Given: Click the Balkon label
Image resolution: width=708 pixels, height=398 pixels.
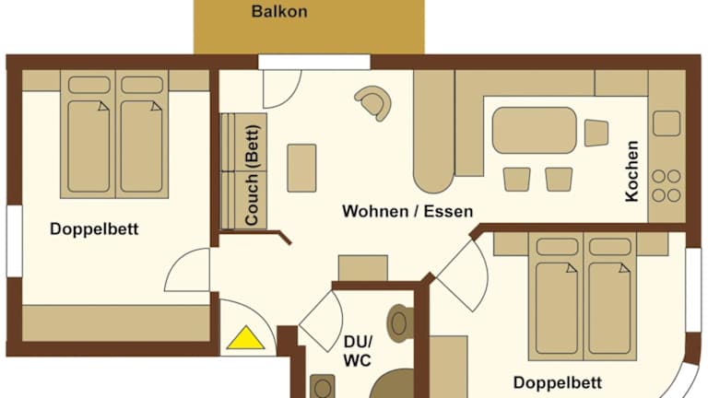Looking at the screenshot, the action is [x=279, y=11].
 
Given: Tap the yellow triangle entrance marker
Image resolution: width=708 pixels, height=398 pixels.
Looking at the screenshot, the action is [x=245, y=339].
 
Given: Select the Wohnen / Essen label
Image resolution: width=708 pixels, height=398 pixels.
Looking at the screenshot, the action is [x=407, y=211].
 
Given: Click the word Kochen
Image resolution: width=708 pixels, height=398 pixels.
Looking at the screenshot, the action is [x=631, y=171].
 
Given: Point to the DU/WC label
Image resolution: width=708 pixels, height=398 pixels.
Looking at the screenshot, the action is [x=358, y=351].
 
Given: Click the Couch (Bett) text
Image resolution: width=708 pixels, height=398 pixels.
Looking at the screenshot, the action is [x=252, y=175].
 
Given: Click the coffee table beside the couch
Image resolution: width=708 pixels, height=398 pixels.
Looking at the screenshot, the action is [x=301, y=168].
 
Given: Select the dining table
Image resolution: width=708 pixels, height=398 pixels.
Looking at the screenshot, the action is [x=534, y=131].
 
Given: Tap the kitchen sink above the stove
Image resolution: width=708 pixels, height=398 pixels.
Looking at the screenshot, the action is [x=667, y=123].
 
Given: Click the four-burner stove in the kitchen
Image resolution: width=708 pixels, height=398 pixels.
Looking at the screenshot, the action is [x=667, y=185].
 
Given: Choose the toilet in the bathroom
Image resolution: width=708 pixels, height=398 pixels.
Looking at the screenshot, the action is [x=399, y=323].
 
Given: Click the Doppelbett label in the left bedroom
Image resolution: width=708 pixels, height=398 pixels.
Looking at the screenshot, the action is [x=94, y=228].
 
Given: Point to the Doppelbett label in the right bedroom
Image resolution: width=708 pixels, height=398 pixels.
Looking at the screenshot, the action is [x=557, y=382].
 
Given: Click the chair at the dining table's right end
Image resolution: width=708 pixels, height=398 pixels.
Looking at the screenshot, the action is [x=596, y=133].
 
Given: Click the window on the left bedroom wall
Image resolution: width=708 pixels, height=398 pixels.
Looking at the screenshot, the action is [x=15, y=241].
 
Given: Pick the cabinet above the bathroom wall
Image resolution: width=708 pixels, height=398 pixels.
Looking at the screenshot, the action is [x=363, y=268].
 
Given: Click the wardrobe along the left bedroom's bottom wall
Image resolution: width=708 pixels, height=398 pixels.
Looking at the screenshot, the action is [x=116, y=323].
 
